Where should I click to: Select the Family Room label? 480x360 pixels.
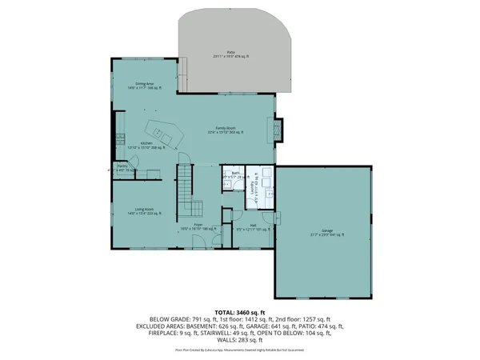tap(231, 130)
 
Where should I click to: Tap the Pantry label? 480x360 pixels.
tap(122, 169)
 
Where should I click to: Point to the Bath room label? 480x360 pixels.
tap(236, 175)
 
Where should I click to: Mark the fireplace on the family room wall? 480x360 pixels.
tap(278, 130)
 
